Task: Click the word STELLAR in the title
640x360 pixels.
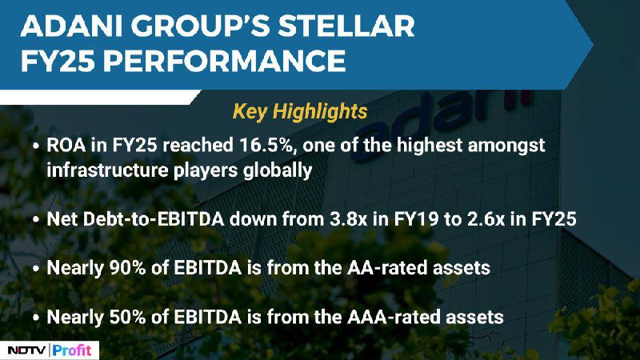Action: tap(346, 26)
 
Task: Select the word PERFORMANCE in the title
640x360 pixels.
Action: tap(224, 61)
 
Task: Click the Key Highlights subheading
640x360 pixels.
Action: tap(300, 111)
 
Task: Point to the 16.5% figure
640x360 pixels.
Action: tap(266, 146)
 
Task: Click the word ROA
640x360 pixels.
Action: tap(66, 146)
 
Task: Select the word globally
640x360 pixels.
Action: tap(278, 170)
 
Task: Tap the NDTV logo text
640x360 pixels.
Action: tap(26, 350)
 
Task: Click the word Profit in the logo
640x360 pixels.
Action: tap(72, 350)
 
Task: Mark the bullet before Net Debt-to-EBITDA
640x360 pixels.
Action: tap(36, 219)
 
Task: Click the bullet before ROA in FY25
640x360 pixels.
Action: tap(36, 146)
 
